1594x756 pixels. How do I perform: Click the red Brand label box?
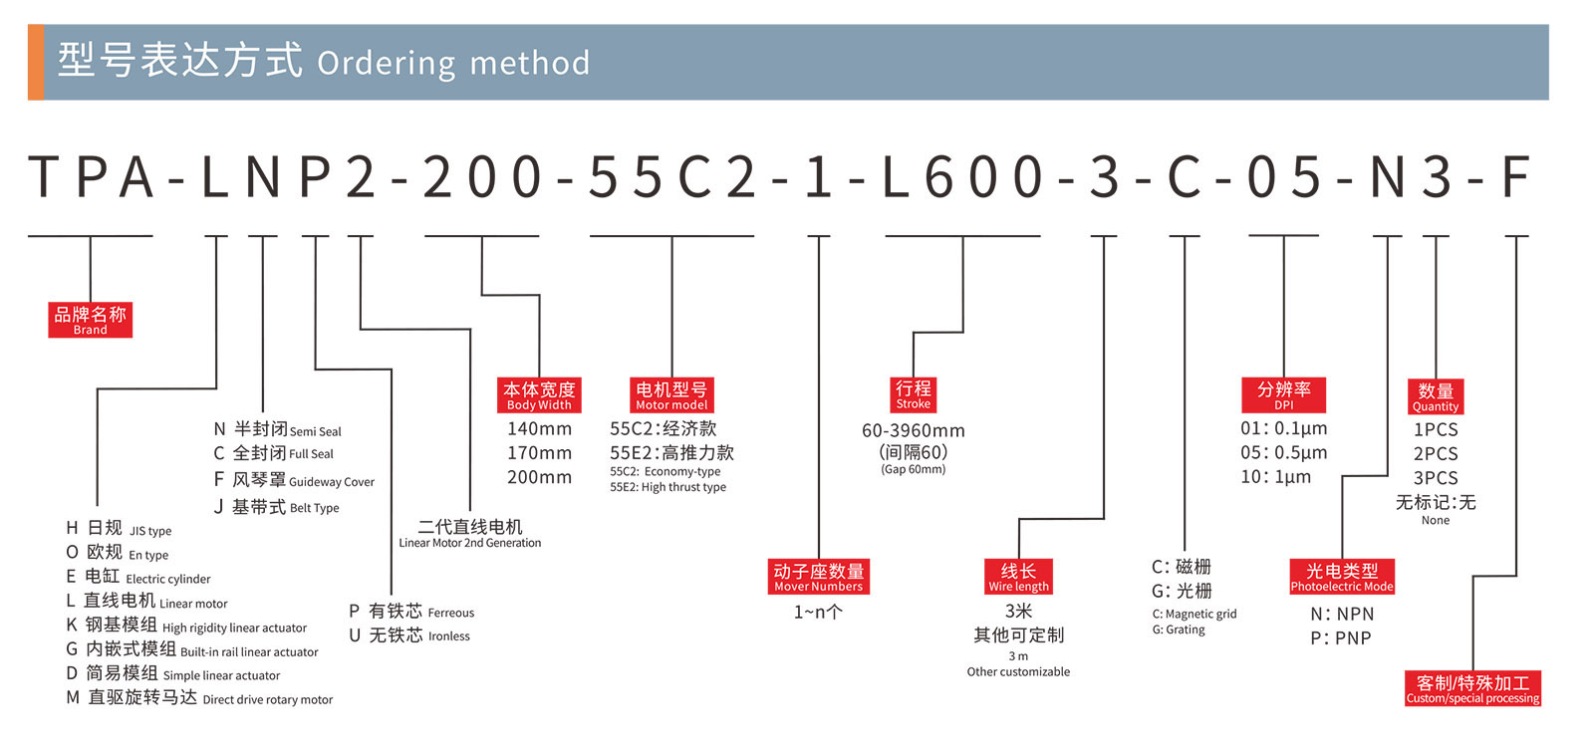[90, 320]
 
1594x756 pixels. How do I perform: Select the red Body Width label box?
[539, 395]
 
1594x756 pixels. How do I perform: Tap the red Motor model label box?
[671, 395]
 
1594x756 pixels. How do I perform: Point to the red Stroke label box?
[913, 393]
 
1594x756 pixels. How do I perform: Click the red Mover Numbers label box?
[818, 577]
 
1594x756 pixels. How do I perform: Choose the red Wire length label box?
[1018, 577]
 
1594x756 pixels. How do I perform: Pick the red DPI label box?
[1283, 395]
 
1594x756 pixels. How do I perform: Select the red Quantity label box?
[1435, 396]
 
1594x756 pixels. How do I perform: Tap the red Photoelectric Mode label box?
[1342, 577]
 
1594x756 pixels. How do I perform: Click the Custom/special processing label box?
[1472, 688]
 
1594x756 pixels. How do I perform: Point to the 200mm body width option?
[539, 477]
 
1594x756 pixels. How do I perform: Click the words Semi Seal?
[316, 432]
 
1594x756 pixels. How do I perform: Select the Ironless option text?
[449, 636]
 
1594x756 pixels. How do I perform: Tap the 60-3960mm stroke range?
[913, 431]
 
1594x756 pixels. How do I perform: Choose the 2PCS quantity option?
[1435, 453]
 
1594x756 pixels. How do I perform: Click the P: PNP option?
[1340, 638]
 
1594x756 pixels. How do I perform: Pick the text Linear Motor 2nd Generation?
[470, 543]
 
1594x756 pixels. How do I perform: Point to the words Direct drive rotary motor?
[268, 700]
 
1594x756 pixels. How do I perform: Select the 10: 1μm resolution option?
[1275, 477]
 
